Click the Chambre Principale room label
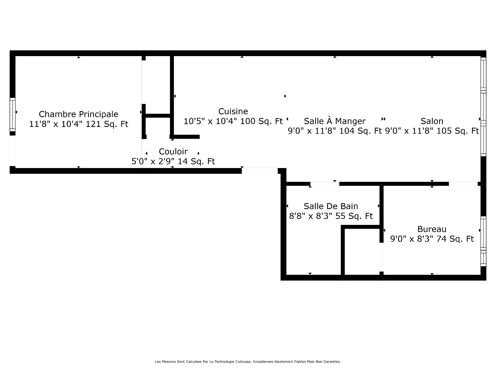click(x=79, y=114)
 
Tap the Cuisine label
click(x=233, y=111)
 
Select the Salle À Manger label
click(x=335, y=121)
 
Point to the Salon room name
click(x=432, y=121)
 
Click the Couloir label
click(x=173, y=151)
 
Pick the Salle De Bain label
click(x=331, y=206)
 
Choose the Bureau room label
click(x=432, y=229)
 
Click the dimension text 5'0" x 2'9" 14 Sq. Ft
click(x=173, y=161)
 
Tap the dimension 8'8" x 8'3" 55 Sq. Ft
click(x=331, y=216)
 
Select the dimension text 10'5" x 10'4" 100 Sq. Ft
click(x=233, y=121)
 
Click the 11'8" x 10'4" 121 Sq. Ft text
click(x=79, y=124)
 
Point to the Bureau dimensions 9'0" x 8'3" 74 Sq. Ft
click(x=432, y=239)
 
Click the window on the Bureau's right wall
click(x=483, y=241)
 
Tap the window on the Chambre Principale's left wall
click(x=12, y=115)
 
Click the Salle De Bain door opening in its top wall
click(x=324, y=184)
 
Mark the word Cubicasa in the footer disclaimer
click(x=243, y=362)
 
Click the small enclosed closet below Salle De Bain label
click(x=362, y=252)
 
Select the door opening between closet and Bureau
click(x=381, y=257)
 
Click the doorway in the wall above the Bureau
click(x=463, y=184)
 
